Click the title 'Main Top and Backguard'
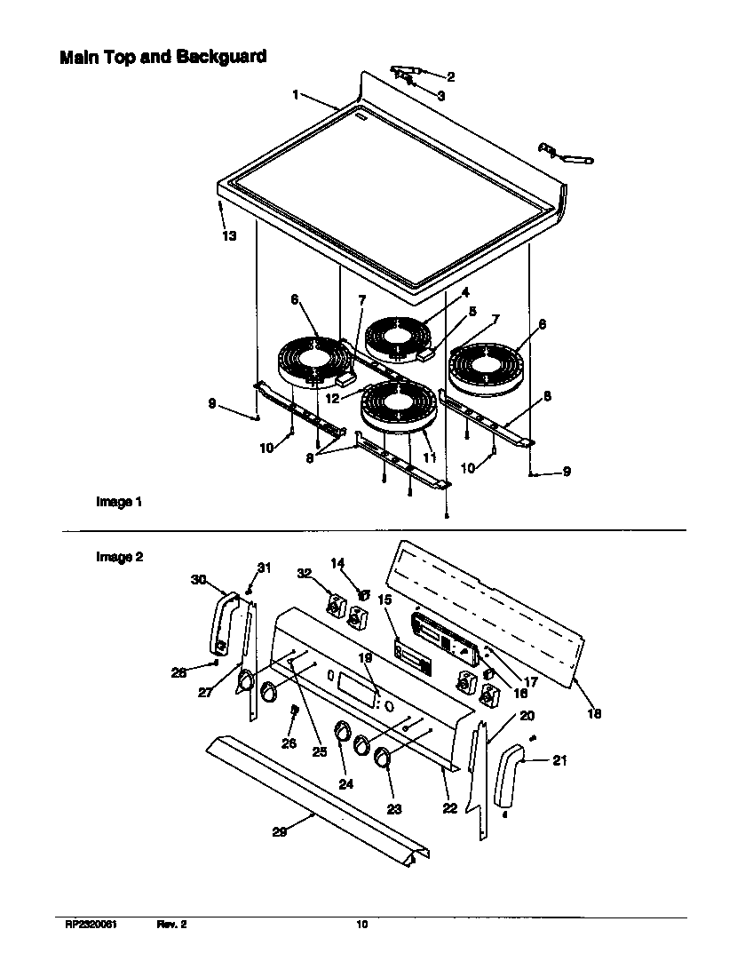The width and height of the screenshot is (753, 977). pos(162,58)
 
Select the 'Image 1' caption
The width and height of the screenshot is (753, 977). pos(119,502)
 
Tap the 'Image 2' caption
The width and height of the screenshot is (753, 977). pos(119,557)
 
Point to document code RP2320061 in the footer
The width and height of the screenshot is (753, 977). pos(91,925)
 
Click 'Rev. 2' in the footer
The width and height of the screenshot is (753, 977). pos(171,925)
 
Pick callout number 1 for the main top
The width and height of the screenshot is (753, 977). pos(297,94)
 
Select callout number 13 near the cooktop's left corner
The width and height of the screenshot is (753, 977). pos(229,236)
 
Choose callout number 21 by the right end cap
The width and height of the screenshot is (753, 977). pos(559,760)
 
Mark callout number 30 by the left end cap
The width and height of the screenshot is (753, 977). pos(198,579)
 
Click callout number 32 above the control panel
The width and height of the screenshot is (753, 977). pos(305,574)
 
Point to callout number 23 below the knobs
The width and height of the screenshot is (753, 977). pos(394,809)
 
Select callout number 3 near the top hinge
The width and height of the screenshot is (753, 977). pos(440,94)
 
